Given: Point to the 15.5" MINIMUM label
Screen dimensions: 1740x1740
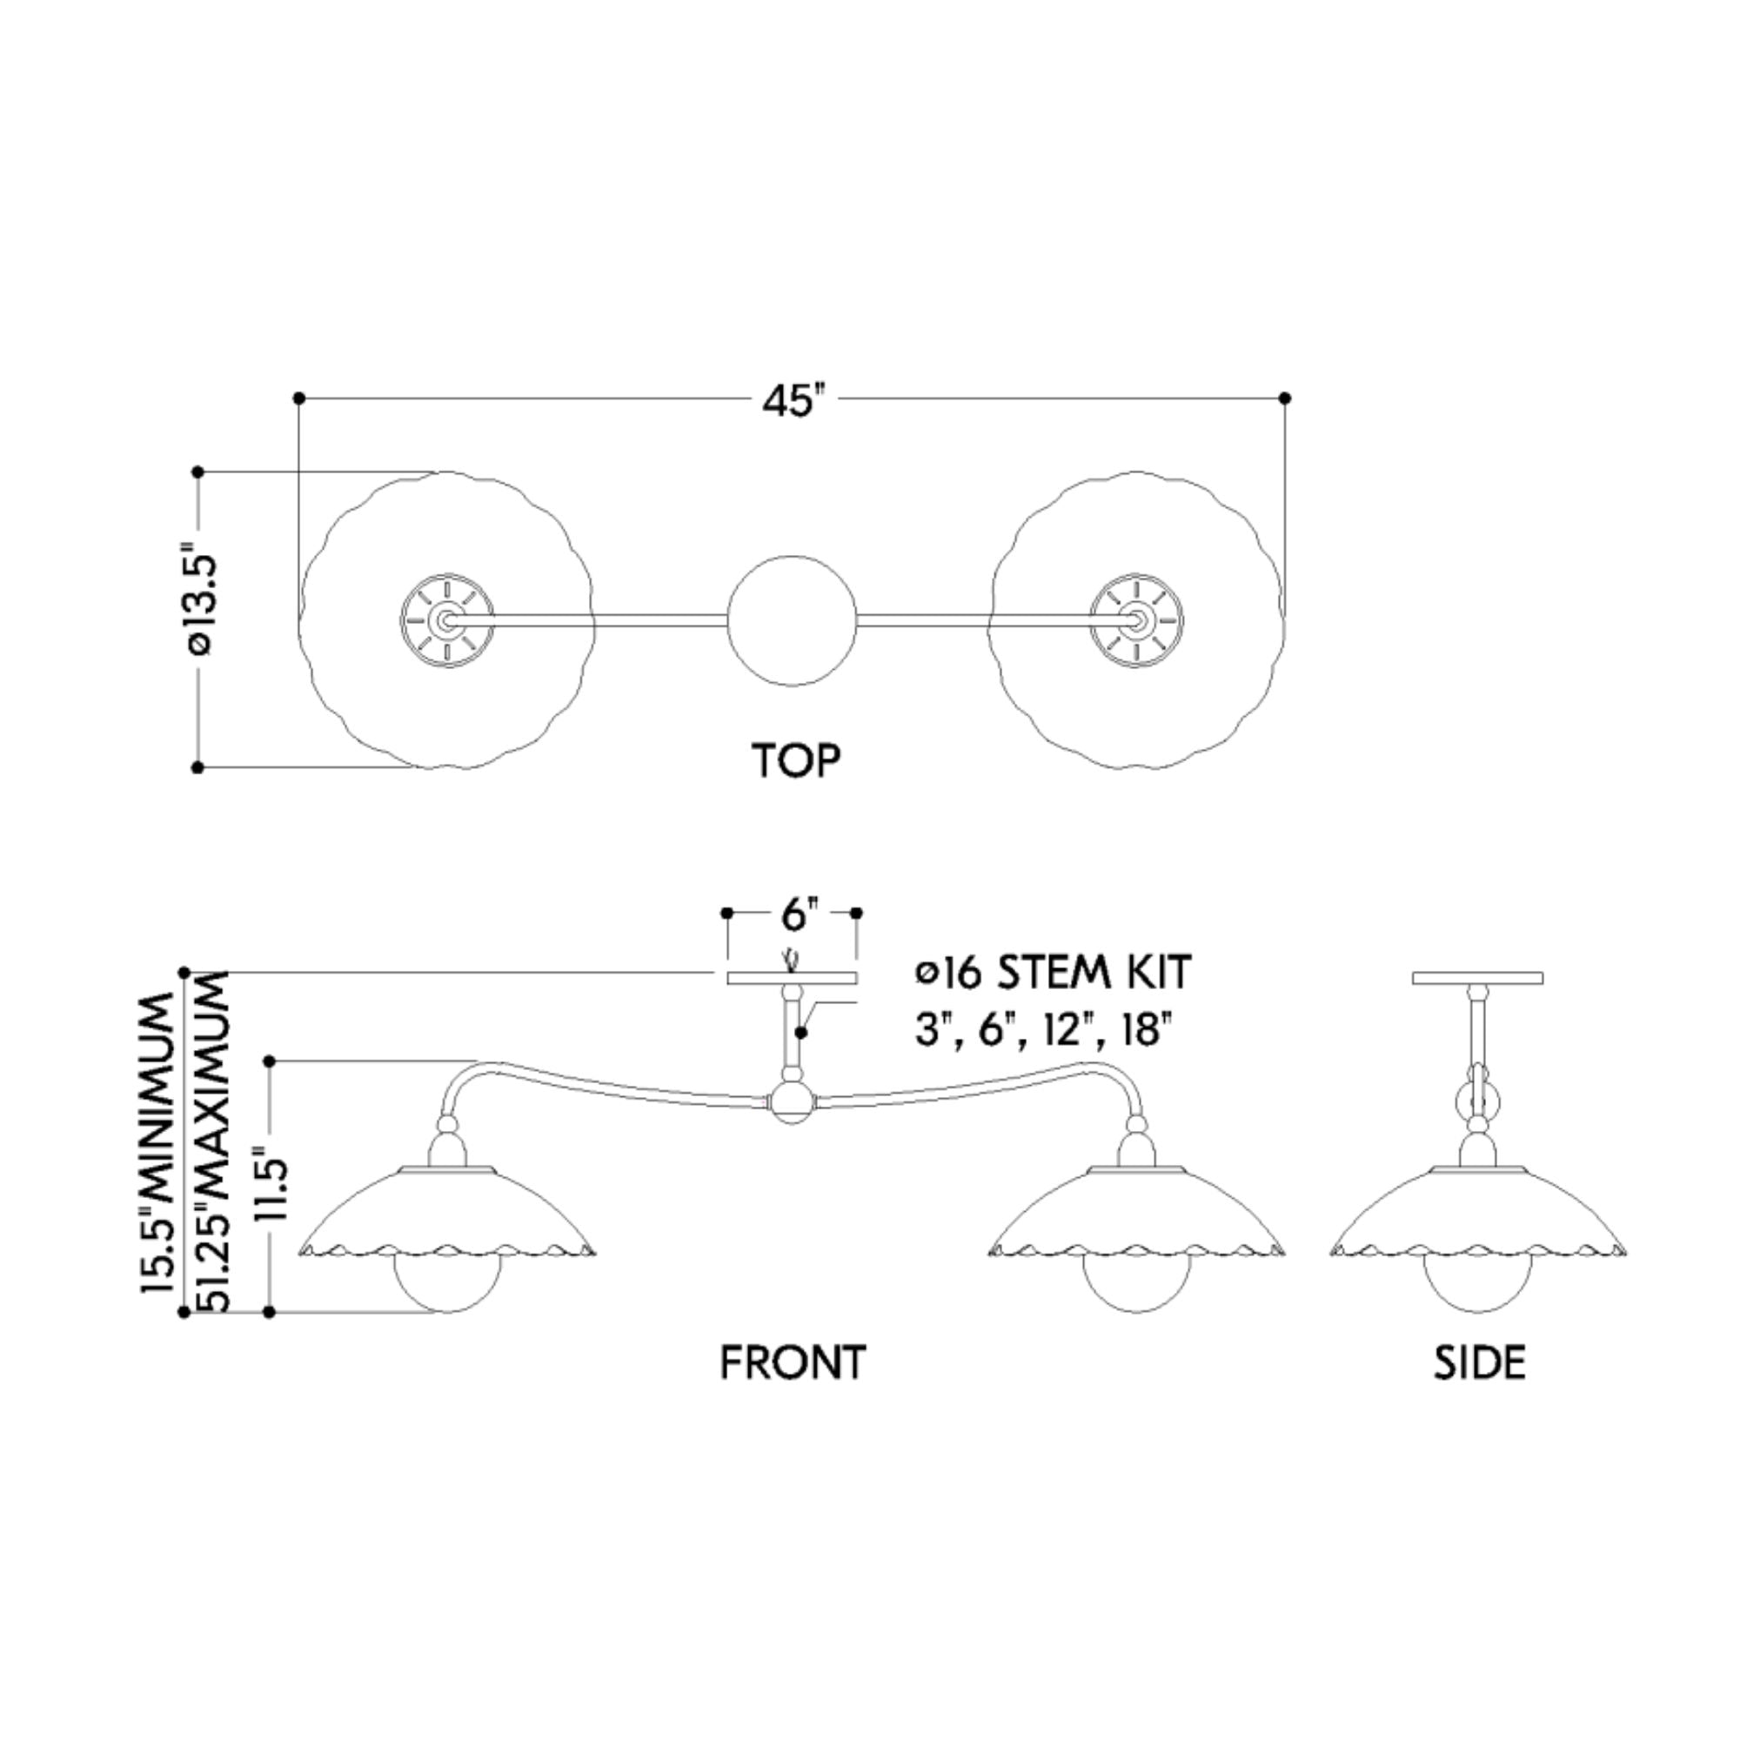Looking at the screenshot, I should pyautogui.click(x=157, y=1144).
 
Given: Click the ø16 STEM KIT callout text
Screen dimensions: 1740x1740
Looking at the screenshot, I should pyautogui.click(x=1053, y=973).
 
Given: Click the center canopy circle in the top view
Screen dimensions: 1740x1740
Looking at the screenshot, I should pyautogui.click(x=792, y=619).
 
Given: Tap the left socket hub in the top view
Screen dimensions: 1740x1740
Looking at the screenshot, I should pyautogui.click(x=446, y=619).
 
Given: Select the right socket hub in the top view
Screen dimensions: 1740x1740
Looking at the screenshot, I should pyautogui.click(x=1136, y=619).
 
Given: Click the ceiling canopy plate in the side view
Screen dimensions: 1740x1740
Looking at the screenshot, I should pyautogui.click(x=1477, y=978).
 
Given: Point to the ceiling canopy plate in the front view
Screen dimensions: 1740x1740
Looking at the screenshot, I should pyautogui.click(x=792, y=978).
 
